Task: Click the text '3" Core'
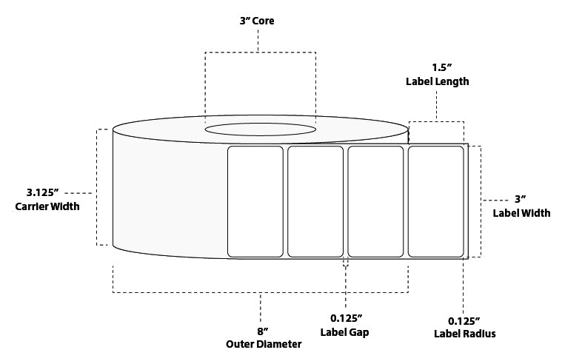pyautogui.click(x=258, y=21)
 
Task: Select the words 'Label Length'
pyautogui.click(x=437, y=81)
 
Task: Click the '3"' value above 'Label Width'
pyautogui.click(x=521, y=200)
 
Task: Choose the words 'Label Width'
pyautogui.click(x=521, y=213)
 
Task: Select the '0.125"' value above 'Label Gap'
pyautogui.click(x=346, y=319)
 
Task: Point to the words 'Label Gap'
pyautogui.click(x=345, y=332)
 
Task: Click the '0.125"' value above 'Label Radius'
pyautogui.click(x=464, y=320)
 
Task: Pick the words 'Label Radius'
pyautogui.click(x=464, y=334)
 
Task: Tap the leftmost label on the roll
pyautogui.click(x=255, y=201)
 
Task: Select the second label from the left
pyautogui.click(x=315, y=201)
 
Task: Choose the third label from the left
pyautogui.click(x=375, y=201)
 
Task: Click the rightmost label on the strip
pyautogui.click(x=436, y=201)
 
